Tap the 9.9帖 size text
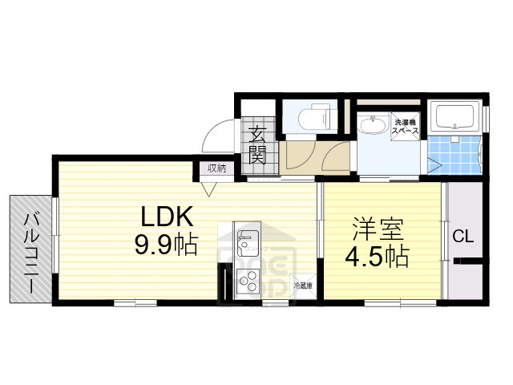click(x=166, y=244)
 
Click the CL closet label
click(x=463, y=237)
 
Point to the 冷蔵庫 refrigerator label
click(x=303, y=286)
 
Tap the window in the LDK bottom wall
click(x=135, y=303)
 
